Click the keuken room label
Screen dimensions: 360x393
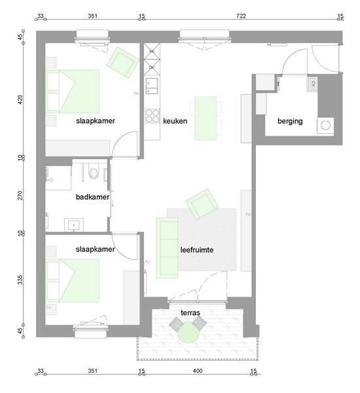pos(175,121)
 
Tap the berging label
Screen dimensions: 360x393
pos(290,121)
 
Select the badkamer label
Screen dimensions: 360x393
pos(92,197)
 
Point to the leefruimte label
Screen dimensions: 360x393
pos(197,250)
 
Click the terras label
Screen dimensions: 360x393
pos(190,312)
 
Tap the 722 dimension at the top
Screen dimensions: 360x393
pos(241,16)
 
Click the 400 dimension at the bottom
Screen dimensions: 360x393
pos(198,371)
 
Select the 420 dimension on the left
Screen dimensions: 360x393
pos(20,100)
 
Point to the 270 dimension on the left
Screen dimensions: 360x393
pos(20,195)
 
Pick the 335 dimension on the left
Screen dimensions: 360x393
pos(20,280)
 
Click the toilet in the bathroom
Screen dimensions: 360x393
pos(94,171)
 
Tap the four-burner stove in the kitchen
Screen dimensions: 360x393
pos(152,116)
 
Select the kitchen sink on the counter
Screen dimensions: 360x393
pos(152,86)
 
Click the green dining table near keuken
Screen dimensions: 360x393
pos(206,118)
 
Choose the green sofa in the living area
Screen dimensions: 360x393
pos(167,248)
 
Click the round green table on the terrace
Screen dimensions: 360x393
pos(189,333)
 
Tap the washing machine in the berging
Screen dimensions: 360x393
pos(325,126)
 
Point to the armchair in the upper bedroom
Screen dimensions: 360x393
pos(122,62)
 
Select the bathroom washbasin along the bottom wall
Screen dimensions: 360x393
pos(74,225)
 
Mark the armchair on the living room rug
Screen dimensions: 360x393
pos(202,204)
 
